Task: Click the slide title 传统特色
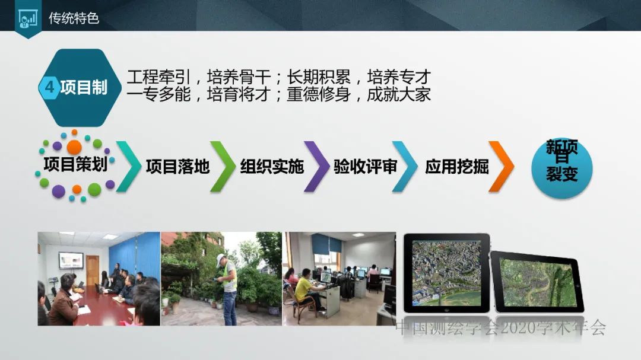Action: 74,18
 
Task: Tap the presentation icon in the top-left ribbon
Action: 27,19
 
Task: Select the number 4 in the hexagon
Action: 50,88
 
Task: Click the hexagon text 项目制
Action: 84,88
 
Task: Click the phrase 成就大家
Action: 399,94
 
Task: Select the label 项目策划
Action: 75,164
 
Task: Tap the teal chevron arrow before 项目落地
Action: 129,166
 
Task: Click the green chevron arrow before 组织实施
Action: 223,166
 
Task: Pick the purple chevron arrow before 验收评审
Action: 316,166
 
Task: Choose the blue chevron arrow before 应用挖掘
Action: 405,166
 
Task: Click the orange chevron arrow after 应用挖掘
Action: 500,166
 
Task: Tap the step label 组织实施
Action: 272,167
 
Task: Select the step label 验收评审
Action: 365,167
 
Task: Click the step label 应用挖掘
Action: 457,167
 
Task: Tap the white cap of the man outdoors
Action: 220,258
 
